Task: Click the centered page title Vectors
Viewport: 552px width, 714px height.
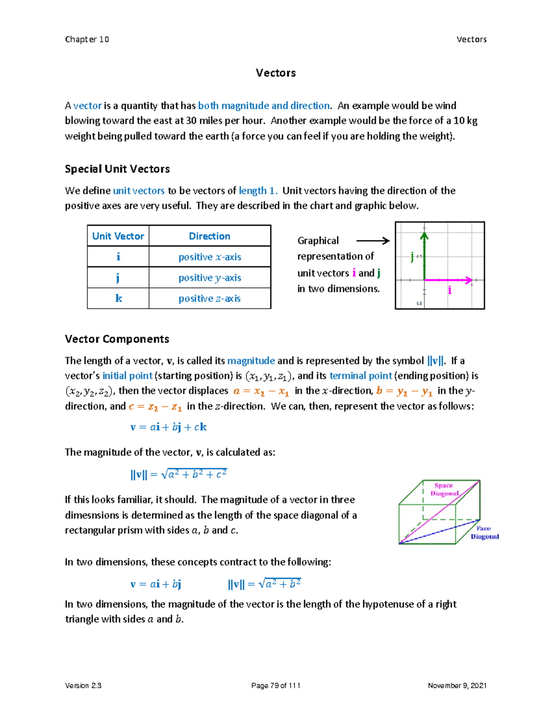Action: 276,73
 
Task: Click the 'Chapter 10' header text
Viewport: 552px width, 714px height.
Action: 87,39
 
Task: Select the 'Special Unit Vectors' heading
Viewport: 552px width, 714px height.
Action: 117,169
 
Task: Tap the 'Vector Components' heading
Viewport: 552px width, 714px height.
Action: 117,339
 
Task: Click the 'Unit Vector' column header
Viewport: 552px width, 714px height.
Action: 118,236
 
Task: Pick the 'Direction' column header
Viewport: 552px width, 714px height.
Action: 210,236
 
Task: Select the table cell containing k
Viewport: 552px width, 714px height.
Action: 118,298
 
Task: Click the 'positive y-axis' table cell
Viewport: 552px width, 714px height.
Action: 210,278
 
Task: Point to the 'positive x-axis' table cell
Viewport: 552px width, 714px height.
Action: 210,257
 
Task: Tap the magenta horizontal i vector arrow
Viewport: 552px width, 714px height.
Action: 448,280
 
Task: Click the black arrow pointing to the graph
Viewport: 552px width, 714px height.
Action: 373,240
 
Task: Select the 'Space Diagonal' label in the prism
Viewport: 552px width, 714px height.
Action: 444,489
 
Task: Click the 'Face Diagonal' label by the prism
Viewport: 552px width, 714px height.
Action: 484,532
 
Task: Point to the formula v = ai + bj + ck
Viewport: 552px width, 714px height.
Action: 168,427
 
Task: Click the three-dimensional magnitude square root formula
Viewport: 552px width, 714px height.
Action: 178,474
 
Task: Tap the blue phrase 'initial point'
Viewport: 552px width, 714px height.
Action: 127,376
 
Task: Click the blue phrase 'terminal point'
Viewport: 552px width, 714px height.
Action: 361,376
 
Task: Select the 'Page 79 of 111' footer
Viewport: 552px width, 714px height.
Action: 276,685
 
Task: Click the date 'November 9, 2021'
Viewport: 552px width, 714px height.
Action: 457,685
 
